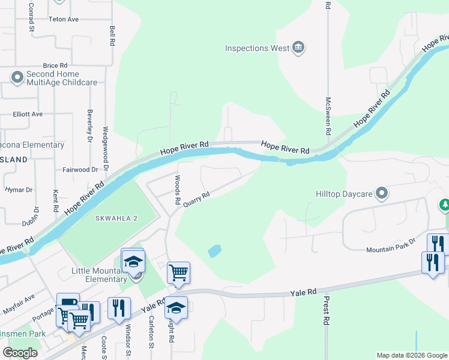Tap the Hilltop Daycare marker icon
[381, 193]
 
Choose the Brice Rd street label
[55, 65]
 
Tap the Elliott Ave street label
[28, 113]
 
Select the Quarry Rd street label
[196, 199]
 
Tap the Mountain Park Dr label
[391, 245]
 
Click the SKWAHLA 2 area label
[116, 218]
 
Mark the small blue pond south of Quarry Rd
[214, 251]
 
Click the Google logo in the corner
[20, 353]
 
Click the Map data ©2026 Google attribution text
[411, 355]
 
